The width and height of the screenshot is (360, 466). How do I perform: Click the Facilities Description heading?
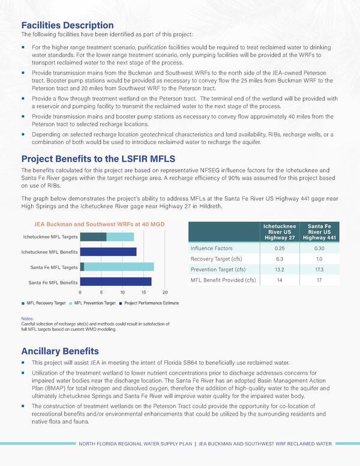click(x=67, y=26)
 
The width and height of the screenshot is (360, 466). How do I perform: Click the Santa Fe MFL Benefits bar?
click(x=116, y=281)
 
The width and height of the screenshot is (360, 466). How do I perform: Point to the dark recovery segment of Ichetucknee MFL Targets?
click(x=93, y=237)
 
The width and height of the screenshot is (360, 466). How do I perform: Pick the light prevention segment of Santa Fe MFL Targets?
click(x=119, y=267)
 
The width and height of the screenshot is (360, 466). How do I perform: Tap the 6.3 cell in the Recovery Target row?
click(x=280, y=259)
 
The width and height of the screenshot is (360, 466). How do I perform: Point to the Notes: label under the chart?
click(x=28, y=318)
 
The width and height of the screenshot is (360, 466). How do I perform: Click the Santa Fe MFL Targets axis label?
click(x=55, y=267)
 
